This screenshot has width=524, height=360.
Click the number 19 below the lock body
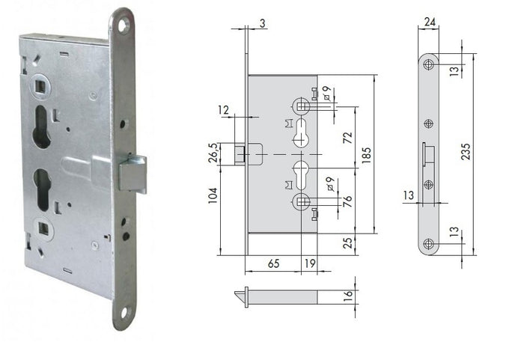pos(308,264)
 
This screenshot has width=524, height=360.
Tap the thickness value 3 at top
pos(263,23)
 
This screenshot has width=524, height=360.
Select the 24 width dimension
pos(429,23)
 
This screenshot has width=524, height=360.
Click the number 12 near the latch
pos(224,110)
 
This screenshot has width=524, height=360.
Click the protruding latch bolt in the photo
pos(133,174)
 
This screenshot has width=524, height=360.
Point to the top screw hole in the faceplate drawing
pos(429,64)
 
